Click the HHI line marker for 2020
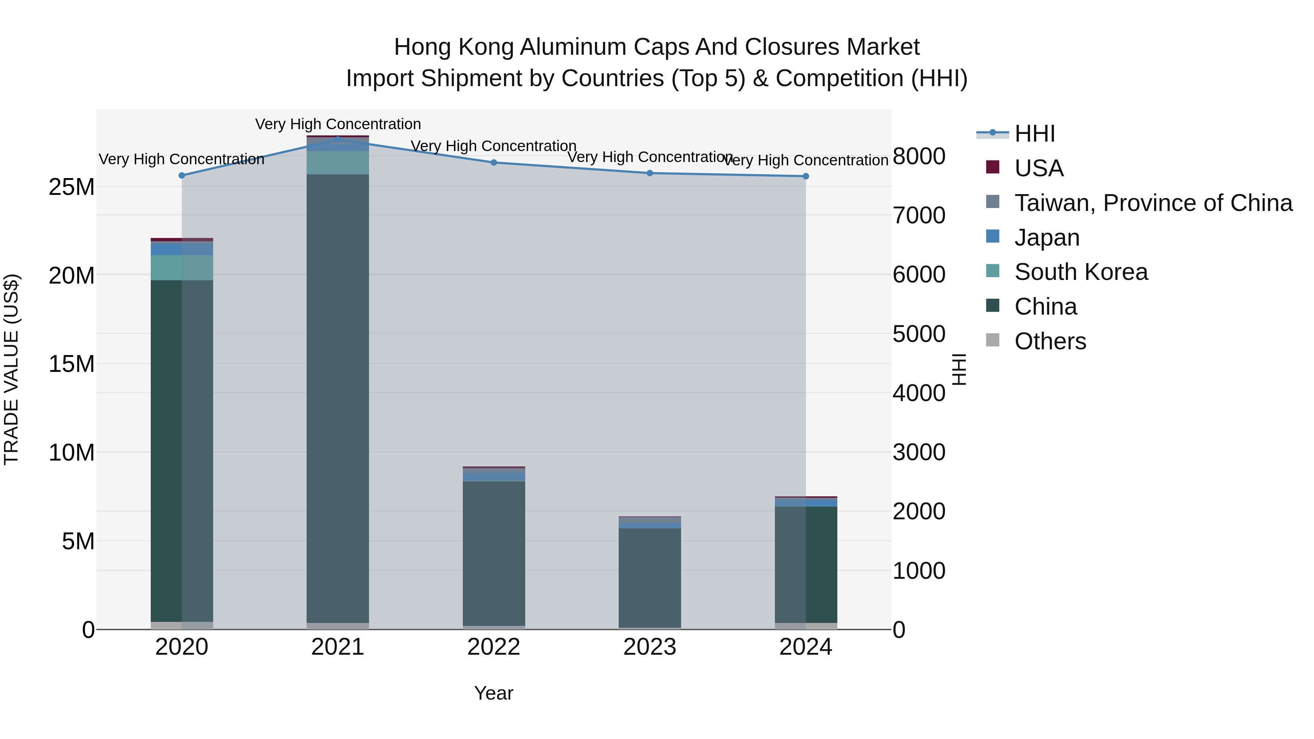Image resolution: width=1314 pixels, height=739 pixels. tap(182, 176)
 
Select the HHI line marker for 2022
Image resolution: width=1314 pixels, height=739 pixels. tap(494, 163)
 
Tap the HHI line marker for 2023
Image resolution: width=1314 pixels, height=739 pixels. tap(650, 173)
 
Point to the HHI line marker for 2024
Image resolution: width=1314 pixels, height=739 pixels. tap(806, 177)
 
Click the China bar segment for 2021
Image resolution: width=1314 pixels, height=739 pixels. tap(338, 398)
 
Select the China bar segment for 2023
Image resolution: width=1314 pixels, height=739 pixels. tap(650, 577)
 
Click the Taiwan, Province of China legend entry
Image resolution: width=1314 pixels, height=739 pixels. tap(1153, 203)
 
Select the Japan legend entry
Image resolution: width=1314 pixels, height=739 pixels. tap(1047, 238)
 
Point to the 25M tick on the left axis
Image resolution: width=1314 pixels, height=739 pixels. tap(72, 187)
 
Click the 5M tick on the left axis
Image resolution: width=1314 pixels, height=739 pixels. tap(78, 541)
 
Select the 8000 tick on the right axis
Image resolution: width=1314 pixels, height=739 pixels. tap(919, 156)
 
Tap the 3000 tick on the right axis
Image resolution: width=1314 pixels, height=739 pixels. tap(919, 453)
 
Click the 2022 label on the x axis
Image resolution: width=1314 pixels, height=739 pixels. tap(494, 647)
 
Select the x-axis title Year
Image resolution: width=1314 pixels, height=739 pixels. tap(494, 693)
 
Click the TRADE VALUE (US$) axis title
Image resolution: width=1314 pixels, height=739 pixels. tap(11, 369)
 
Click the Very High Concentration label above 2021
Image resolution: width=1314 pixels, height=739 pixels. tap(338, 124)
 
